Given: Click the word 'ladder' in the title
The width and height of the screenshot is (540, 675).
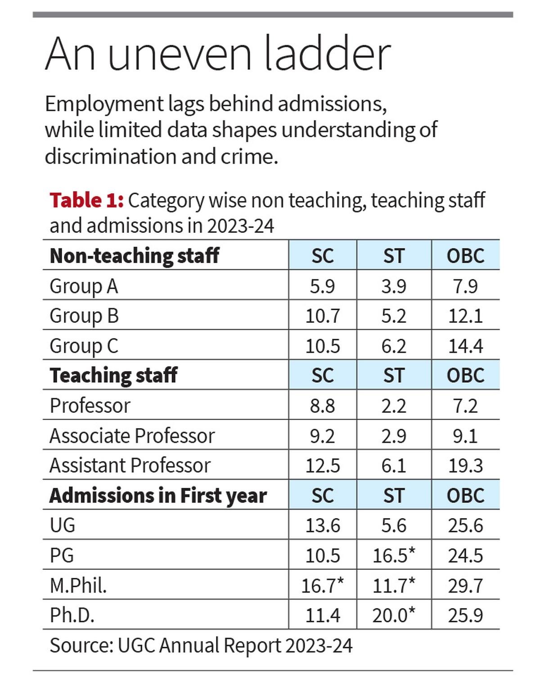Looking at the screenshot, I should click(x=327, y=54).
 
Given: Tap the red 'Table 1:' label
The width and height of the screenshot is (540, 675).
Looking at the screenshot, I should click(x=86, y=200).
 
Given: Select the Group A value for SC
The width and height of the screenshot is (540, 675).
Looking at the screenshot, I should click(x=322, y=286).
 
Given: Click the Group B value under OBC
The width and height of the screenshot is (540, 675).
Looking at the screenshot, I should click(x=465, y=316).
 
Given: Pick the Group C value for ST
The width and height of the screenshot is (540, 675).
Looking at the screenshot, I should click(x=394, y=346).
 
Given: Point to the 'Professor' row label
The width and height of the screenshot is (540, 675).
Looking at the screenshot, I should click(x=90, y=406).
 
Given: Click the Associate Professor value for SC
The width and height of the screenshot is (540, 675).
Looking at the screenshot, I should click(x=322, y=436).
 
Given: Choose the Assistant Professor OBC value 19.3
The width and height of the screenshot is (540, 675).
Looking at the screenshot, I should click(x=465, y=465).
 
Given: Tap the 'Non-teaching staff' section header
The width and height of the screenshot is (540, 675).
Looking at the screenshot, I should click(x=134, y=255).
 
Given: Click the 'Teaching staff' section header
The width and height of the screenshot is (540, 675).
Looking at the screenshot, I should click(x=113, y=375).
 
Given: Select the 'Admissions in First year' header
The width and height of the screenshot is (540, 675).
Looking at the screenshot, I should click(x=158, y=495).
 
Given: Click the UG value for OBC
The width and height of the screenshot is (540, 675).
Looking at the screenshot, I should click(x=465, y=525).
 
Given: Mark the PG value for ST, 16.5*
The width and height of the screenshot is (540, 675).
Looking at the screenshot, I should click(x=394, y=555).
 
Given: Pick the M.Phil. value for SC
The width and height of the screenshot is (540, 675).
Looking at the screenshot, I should click(x=322, y=585).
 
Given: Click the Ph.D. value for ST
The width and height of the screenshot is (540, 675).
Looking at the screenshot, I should click(x=394, y=615).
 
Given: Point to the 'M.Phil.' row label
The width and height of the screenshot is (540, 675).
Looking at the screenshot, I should click(x=78, y=585).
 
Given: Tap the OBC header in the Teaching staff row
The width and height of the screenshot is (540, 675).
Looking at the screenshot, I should click(x=465, y=375).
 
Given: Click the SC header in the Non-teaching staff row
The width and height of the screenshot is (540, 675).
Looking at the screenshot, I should click(x=322, y=256).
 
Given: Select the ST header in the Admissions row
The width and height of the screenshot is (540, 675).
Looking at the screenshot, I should click(x=394, y=496).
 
